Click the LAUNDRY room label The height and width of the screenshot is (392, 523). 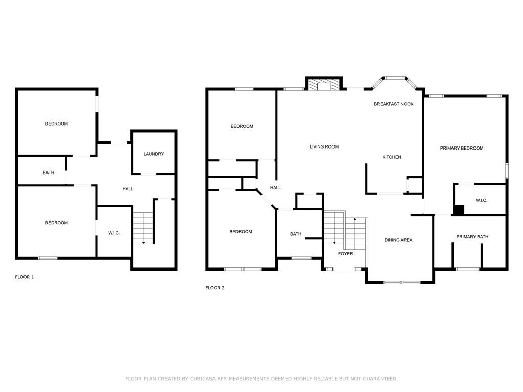click(153, 154)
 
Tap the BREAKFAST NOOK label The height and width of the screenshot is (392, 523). click(394, 104)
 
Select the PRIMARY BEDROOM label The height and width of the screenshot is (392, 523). click(462, 148)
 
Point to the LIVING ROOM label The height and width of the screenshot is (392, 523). click(324, 146)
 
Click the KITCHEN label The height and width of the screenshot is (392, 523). click(392, 157)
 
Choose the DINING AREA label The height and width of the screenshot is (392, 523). click(398, 240)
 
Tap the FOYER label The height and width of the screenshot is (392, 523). click(346, 254)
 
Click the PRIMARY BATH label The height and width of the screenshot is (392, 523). click(472, 237)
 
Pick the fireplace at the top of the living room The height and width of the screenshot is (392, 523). click(324, 84)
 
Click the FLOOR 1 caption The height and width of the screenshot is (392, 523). click(25, 277)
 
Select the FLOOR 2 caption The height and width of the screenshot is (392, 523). click(215, 288)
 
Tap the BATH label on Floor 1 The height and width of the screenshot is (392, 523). click(49, 173)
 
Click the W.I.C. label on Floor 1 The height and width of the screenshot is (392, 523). click(114, 233)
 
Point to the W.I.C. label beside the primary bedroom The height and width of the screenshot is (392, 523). click(481, 200)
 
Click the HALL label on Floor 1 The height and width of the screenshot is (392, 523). click(127, 189)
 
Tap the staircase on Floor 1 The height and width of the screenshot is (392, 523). click(144, 228)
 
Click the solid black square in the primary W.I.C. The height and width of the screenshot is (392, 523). click(459, 210)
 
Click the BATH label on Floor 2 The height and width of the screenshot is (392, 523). click(296, 234)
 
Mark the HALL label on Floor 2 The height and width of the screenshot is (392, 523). click(275, 188)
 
